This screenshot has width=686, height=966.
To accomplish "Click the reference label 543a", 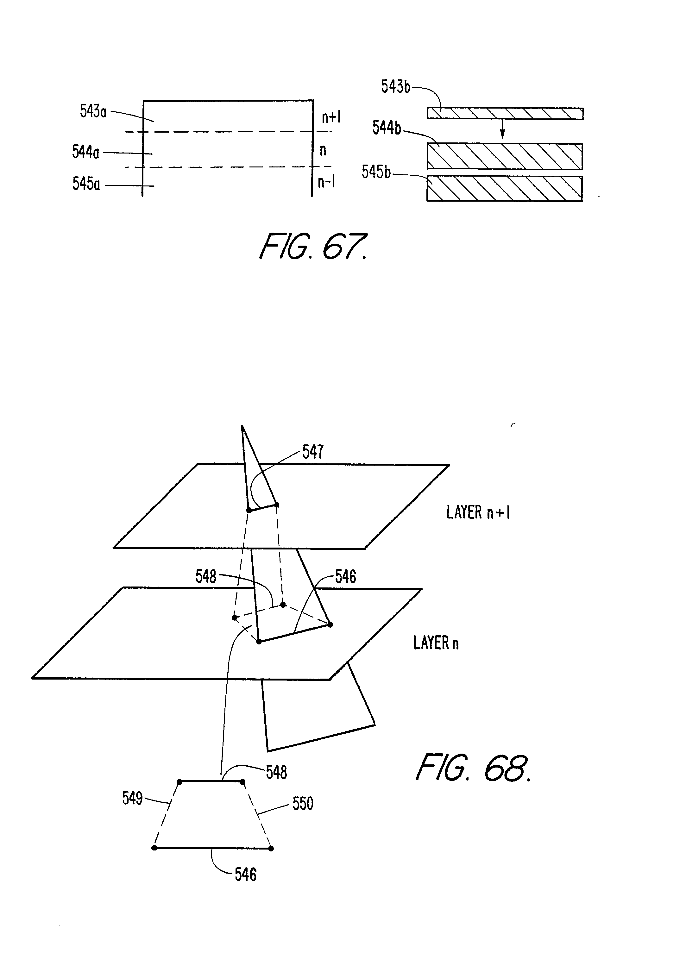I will [x=93, y=111].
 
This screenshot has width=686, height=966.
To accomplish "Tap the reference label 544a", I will [x=85, y=152].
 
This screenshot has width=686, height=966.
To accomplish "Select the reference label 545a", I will [x=86, y=184].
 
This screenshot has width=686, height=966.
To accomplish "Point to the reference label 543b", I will [x=395, y=87].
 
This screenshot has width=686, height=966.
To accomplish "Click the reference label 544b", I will [x=387, y=128].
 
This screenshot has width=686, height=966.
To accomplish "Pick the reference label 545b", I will [x=376, y=172].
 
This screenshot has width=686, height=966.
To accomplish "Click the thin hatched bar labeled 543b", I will [x=505, y=114].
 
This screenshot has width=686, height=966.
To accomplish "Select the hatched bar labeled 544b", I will [x=505, y=156].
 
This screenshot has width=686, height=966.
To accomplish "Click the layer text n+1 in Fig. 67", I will [x=331, y=117].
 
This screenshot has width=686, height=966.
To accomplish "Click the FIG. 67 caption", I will [x=313, y=246].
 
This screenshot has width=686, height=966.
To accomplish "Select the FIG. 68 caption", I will [x=473, y=768].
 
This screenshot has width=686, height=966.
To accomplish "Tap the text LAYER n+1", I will [x=478, y=512].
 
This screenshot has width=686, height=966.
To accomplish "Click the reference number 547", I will [x=313, y=452].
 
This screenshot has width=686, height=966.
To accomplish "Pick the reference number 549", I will [x=132, y=798].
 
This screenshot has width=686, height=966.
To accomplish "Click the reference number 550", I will [x=303, y=803].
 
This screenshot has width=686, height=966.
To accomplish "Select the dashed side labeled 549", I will [x=166, y=814].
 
